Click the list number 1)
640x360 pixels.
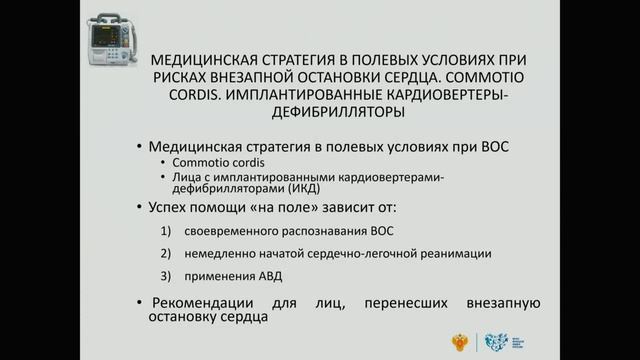pos(167,232)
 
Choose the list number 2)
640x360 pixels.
pos(167,253)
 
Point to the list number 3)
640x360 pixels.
pos(167,275)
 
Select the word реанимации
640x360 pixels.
pos(455,253)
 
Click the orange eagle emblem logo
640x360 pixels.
pos(459,340)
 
